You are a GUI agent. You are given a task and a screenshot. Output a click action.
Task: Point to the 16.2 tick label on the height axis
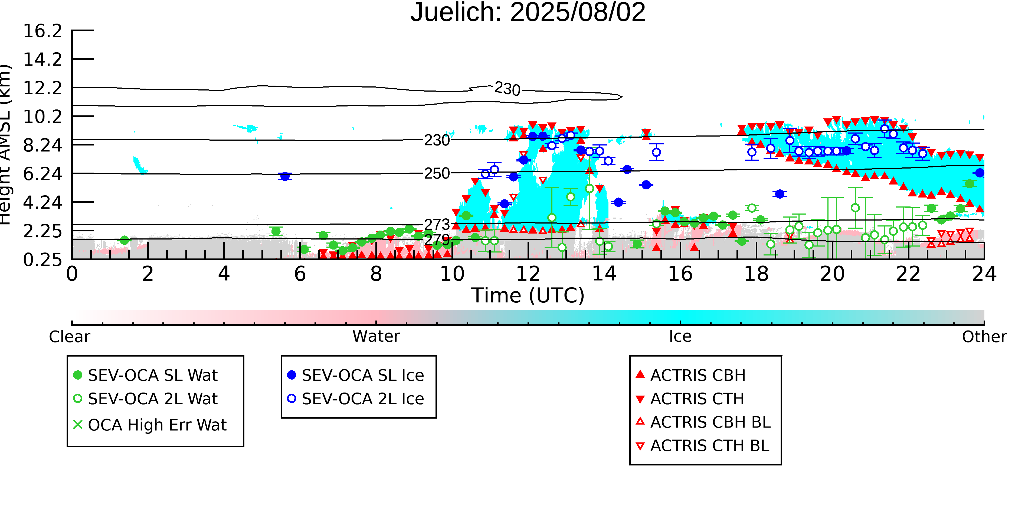42,31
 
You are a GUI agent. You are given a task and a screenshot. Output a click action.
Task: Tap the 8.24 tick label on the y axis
42,145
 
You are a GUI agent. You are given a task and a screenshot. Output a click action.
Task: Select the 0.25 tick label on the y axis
42,260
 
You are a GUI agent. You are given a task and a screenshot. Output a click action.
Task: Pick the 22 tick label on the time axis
908,274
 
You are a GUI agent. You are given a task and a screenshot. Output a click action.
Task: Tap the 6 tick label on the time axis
300,274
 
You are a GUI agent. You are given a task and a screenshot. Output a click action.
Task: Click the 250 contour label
437,174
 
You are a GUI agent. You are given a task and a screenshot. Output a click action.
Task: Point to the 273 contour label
437,224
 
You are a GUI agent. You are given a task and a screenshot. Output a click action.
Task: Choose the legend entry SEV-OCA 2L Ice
362,399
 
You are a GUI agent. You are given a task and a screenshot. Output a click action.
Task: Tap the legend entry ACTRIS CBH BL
710,422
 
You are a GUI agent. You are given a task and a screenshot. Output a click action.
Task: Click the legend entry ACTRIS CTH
697,399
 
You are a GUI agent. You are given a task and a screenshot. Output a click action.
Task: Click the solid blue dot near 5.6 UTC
284,176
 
